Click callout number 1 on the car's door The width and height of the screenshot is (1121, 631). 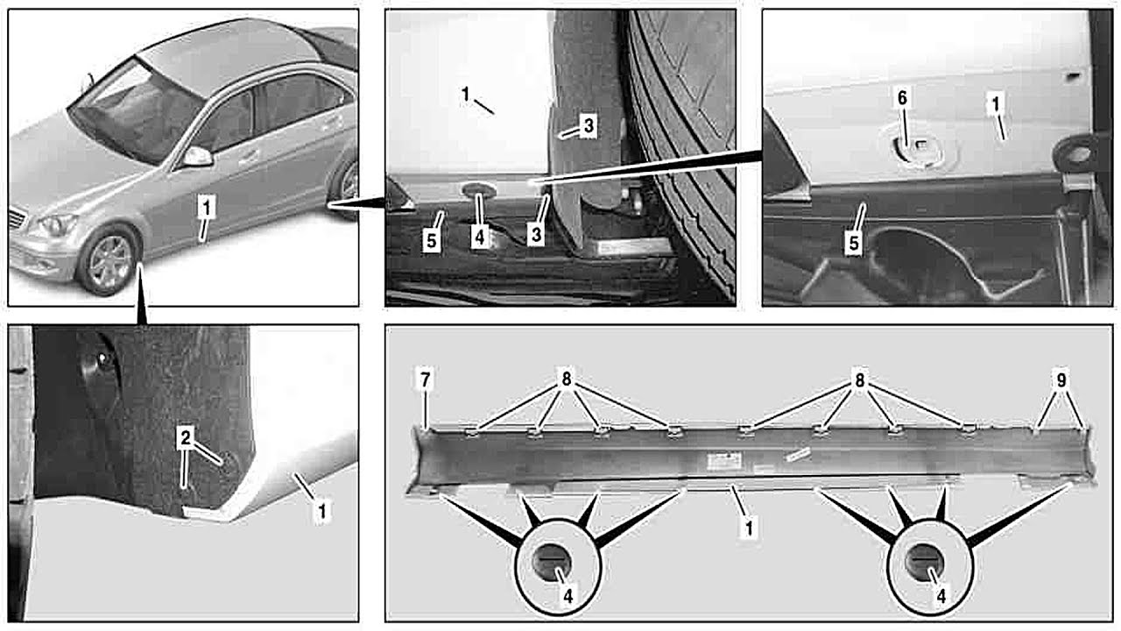coord(205,208)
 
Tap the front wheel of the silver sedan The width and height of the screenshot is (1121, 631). coord(109,259)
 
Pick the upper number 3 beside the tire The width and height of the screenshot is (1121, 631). coord(588,127)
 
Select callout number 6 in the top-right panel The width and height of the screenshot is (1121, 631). coord(901,100)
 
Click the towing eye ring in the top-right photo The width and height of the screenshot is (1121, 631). coord(1076,156)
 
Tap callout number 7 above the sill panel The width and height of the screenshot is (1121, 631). coord(425,381)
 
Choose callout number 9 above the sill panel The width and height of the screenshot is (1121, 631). coord(1061,381)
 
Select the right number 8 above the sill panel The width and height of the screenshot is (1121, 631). coord(860,381)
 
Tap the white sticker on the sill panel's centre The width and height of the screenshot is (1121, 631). coord(726,458)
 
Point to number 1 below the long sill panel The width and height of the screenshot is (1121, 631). coord(750,528)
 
